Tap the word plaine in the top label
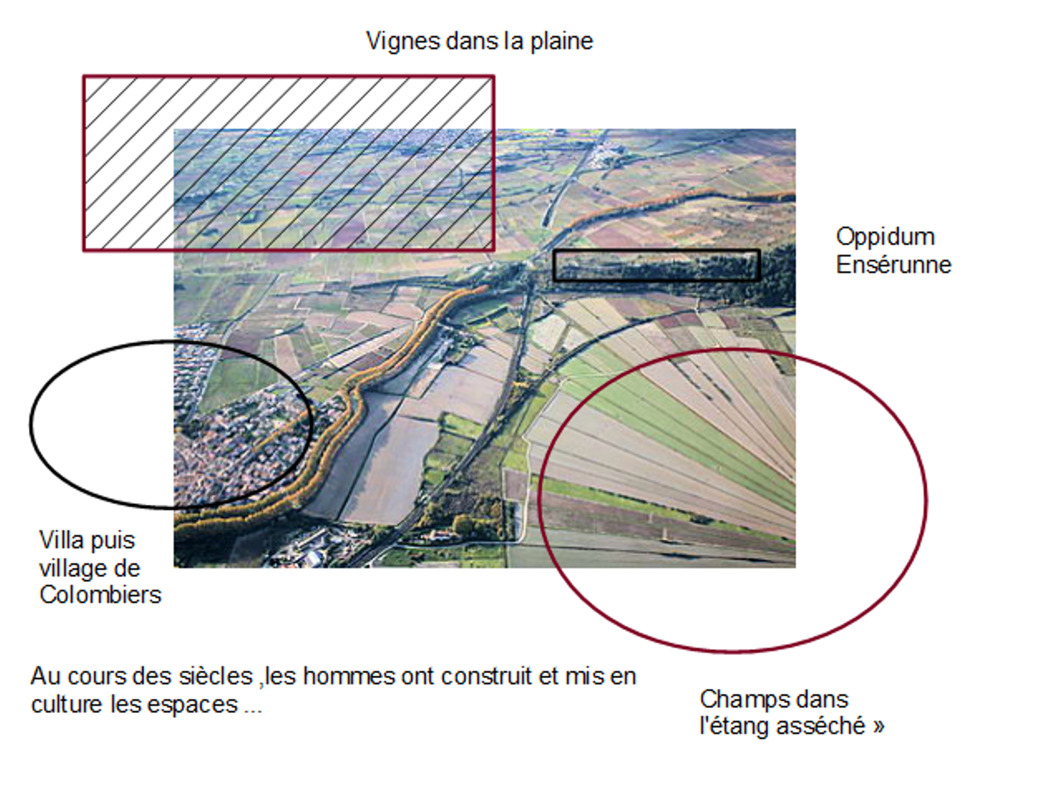[561, 42]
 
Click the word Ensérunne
[894, 265]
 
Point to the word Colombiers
[100, 594]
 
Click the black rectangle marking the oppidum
[656, 251]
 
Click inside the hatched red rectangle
[289, 163]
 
